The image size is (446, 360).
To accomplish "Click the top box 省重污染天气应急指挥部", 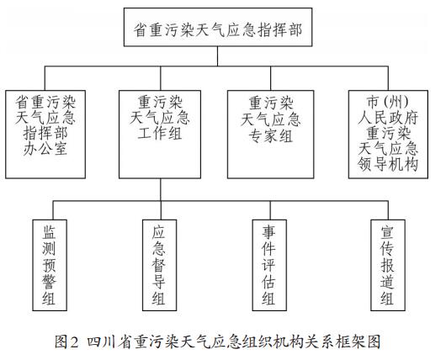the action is (x=218, y=27).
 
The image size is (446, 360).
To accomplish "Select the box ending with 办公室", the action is (x=45, y=135).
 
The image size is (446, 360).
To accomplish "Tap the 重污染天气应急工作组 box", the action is (x=160, y=135).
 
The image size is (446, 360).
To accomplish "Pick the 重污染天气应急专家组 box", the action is (x=270, y=135).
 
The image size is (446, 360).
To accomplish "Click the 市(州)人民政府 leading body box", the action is (x=388, y=135).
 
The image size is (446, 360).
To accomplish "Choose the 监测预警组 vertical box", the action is (x=50, y=265).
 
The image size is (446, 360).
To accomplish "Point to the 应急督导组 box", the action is (x=160, y=265).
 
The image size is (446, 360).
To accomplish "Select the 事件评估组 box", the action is (x=269, y=265).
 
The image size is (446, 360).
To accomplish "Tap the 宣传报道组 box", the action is (x=388, y=265).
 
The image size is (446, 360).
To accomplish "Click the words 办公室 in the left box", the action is (x=45, y=149).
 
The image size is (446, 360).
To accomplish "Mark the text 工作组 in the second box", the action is (x=160, y=133).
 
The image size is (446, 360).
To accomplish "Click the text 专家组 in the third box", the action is (x=270, y=135).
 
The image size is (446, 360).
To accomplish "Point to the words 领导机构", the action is (x=388, y=164).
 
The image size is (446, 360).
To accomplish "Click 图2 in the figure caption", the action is (x=66, y=341).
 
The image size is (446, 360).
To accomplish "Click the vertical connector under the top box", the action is (x=218, y=56).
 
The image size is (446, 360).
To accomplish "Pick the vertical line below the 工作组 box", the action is (x=161, y=189).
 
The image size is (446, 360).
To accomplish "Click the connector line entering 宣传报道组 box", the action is (x=388, y=210).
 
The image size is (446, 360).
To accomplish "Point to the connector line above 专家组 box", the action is (x=270, y=78).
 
